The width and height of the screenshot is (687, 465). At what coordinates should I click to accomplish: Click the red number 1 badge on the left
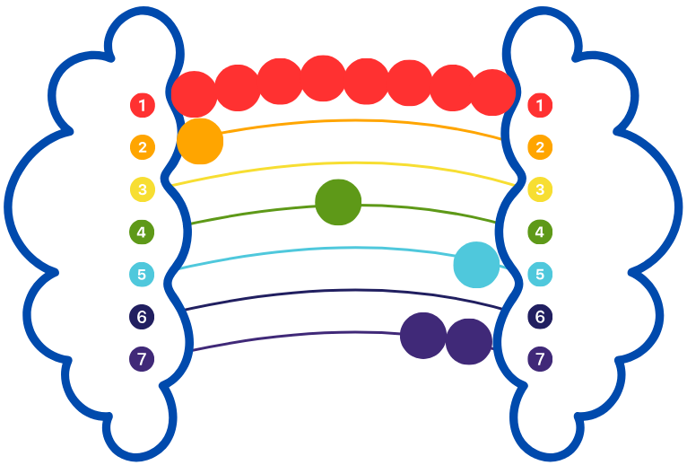(143, 105)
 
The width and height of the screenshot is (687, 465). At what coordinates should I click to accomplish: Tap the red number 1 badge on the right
(540, 105)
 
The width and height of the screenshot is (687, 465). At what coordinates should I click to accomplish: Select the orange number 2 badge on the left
(143, 147)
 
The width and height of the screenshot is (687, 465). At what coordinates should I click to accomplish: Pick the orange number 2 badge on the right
(540, 147)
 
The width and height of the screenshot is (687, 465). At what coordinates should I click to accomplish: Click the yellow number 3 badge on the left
(143, 189)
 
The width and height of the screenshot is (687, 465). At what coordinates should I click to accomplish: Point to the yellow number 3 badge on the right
(540, 189)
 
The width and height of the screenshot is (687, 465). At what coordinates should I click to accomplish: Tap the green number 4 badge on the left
(142, 232)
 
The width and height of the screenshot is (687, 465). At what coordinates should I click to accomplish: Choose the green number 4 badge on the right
(540, 232)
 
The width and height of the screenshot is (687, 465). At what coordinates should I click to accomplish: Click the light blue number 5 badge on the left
(142, 274)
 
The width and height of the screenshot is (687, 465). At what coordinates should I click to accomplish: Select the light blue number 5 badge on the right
(540, 274)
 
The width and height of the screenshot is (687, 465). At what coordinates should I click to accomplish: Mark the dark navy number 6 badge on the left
(142, 316)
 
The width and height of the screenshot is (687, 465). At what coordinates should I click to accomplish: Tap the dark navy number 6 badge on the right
(540, 316)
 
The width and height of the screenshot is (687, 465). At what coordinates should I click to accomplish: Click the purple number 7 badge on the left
(142, 359)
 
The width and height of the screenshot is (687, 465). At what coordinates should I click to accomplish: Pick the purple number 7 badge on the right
(540, 359)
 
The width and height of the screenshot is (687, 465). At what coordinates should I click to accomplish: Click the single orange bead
(200, 141)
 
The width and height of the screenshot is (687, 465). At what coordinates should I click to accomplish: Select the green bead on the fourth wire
(338, 202)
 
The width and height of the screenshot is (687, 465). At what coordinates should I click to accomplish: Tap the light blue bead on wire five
(476, 265)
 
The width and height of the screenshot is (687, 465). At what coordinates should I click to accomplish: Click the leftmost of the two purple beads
(423, 336)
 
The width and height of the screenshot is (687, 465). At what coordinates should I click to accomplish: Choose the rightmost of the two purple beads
(469, 342)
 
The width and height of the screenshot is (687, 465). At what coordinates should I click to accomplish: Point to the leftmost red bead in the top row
(194, 94)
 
